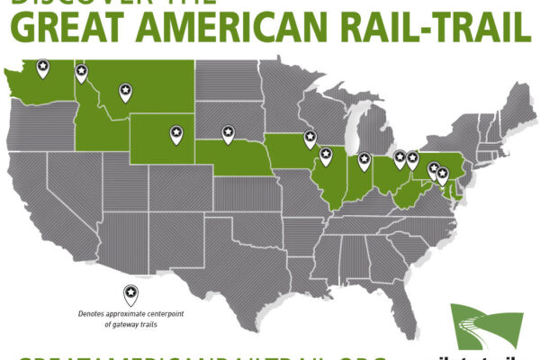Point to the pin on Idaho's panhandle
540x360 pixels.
[81, 71]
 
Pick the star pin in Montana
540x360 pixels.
[124, 89]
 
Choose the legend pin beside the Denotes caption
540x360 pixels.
[130, 292]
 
